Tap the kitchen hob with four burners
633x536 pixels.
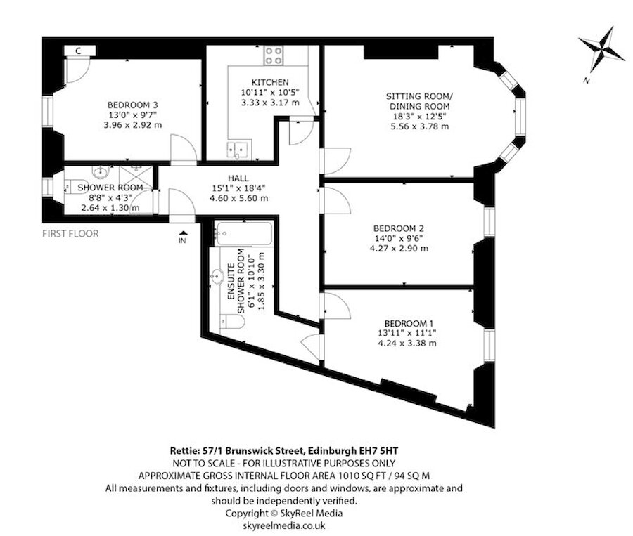coord(274,55)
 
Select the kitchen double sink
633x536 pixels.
coord(239,149)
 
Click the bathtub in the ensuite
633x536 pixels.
coord(244,233)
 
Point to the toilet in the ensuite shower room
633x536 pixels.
coord(233,322)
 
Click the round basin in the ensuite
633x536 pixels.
coord(217,277)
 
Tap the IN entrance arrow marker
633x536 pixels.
coord(182,237)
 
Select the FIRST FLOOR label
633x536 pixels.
coord(70,233)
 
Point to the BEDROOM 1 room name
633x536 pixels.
coord(409,323)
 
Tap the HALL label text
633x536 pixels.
coord(238,178)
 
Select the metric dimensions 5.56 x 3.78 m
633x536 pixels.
coord(419,126)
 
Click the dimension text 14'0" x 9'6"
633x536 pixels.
coord(399,238)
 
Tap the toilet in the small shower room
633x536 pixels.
coord(75,186)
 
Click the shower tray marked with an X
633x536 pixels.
coord(136,177)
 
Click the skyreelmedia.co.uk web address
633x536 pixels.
coord(284,525)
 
